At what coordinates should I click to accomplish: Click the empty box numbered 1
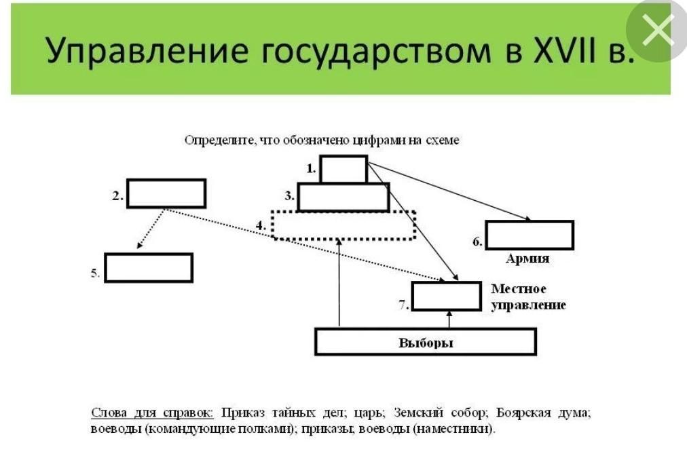(343, 169)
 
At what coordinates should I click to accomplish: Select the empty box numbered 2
(166, 193)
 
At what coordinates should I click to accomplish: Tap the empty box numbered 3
(343, 197)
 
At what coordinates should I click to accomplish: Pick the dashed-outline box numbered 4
(343, 225)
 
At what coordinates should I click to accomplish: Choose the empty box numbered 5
(149, 267)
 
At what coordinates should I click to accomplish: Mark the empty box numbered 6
(530, 235)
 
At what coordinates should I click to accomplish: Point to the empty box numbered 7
(446, 296)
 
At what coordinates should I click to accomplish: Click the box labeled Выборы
(426, 341)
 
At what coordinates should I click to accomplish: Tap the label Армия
(527, 259)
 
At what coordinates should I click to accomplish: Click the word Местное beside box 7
(519, 290)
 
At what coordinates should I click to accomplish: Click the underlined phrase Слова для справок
(152, 413)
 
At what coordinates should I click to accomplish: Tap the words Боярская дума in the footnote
(543, 413)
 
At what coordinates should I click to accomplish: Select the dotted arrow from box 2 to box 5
(151, 229)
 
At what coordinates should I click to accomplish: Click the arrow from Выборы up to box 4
(338, 285)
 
